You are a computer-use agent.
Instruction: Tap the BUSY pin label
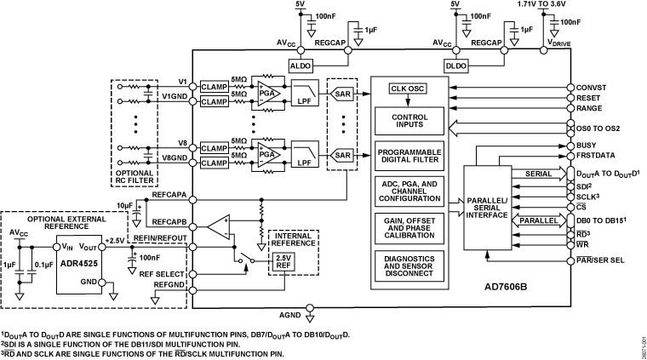589,146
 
